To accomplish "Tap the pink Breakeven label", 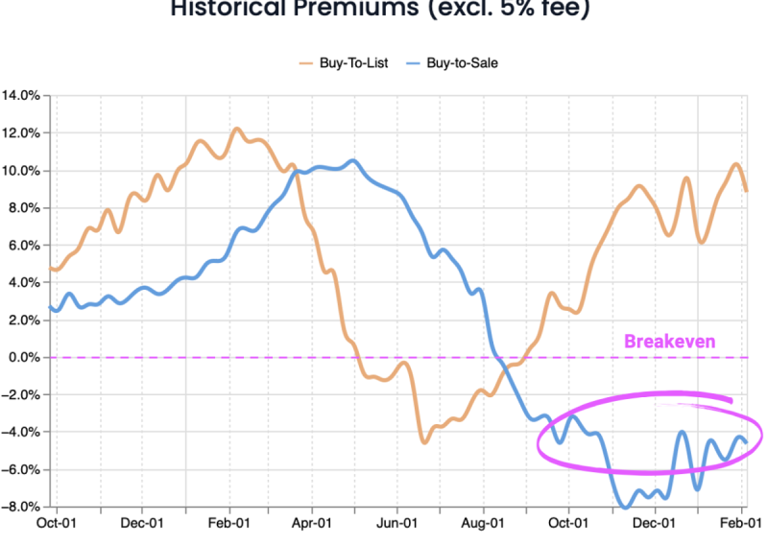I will click(x=669, y=341).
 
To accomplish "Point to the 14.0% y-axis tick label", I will click(x=21, y=96).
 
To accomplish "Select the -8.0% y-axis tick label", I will click(x=21, y=507).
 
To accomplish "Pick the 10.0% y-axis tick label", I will click(x=21, y=171).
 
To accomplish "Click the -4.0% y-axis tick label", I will click(x=21, y=433).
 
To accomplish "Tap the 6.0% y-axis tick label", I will click(x=23, y=246).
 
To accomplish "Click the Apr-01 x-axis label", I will click(x=311, y=524).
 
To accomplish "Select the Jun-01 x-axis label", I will click(x=396, y=524).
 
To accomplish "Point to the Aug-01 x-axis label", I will click(x=482, y=524).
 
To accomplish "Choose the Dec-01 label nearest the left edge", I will click(x=141, y=524).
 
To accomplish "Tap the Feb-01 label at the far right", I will click(x=741, y=524).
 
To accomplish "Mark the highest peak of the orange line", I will click(x=237, y=129).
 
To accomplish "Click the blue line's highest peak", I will click(x=353, y=160).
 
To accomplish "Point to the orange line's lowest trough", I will click(x=423, y=441).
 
